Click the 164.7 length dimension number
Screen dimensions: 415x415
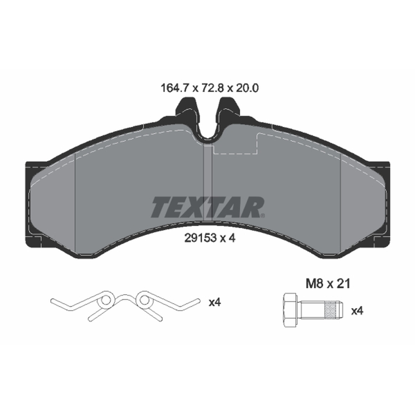[174, 88]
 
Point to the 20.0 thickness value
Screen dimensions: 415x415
[247, 88]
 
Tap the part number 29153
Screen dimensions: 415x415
[200, 239]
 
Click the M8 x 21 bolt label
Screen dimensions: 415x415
[328, 284]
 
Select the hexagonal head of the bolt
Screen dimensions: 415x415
[291, 310]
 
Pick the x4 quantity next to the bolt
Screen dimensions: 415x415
[357, 311]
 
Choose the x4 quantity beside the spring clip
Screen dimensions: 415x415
[215, 302]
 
